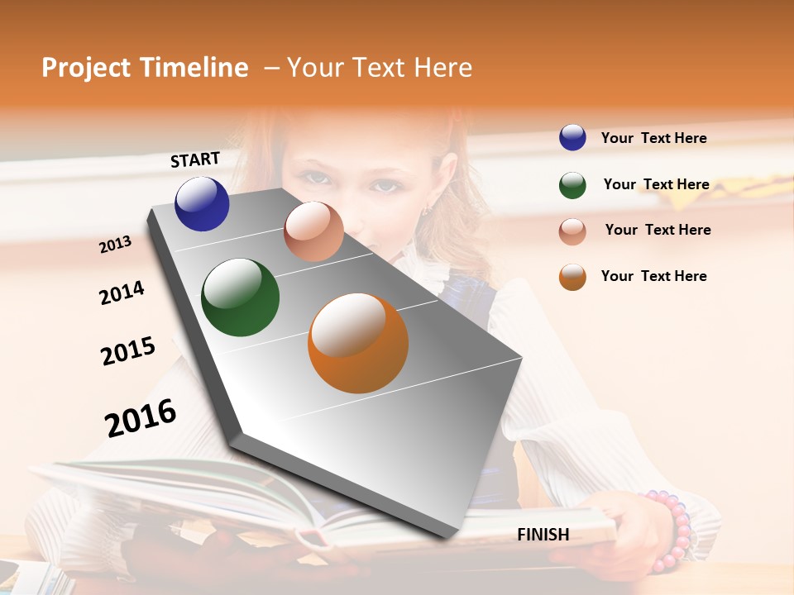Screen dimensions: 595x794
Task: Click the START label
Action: (195, 159)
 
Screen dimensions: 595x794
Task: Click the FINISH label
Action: (543, 535)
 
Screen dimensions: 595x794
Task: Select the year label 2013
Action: (116, 244)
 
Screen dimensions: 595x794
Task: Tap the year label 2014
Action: (122, 293)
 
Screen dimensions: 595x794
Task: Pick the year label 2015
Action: (128, 351)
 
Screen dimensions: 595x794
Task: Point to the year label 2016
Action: (141, 417)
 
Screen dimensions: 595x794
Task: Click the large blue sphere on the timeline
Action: (202, 204)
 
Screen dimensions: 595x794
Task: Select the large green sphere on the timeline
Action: (240, 297)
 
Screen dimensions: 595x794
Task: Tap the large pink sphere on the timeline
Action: (313, 231)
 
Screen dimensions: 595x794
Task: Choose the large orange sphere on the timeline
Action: (358, 343)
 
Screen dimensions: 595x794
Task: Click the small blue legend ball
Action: (572, 138)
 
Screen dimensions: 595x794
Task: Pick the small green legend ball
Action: (572, 185)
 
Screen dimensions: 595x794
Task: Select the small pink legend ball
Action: (572, 231)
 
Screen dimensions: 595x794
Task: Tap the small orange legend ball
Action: (572, 277)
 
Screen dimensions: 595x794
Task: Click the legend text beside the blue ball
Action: (653, 138)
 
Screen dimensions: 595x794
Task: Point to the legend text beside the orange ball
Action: (653, 276)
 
